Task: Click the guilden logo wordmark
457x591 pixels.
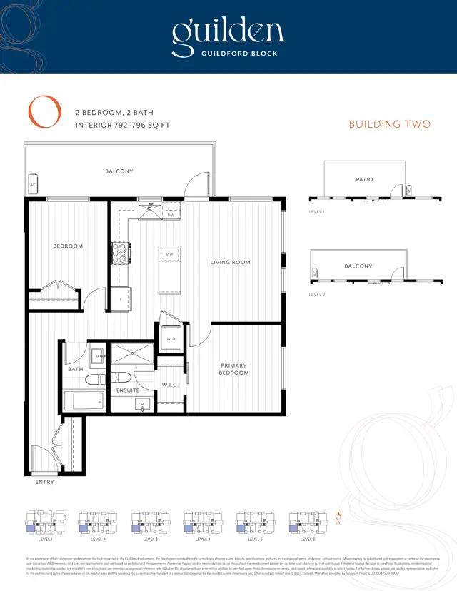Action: point(228,31)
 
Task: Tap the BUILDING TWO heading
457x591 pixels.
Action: point(389,124)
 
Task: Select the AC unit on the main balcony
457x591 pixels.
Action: point(32,185)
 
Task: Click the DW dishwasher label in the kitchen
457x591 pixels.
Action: point(171,215)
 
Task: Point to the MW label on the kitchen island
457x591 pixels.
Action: point(170,253)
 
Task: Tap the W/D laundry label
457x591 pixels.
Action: point(171,338)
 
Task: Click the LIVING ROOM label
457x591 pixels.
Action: point(230,263)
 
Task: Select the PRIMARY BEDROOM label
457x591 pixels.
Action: point(233,369)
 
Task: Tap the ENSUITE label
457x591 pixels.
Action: point(128,390)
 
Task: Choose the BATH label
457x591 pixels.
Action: point(76,369)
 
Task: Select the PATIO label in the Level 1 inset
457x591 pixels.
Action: point(364,179)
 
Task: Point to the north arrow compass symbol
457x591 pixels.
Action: point(338,519)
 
